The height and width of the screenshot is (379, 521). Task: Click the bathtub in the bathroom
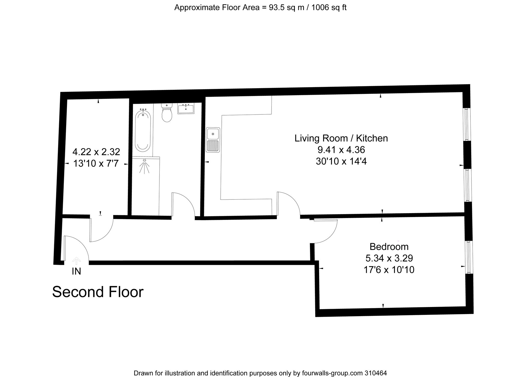coord(142,131)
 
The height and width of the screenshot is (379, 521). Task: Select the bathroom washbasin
coord(186,108)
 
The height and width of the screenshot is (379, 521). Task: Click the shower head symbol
coord(144,166)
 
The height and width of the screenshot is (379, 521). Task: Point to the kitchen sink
coord(213,140)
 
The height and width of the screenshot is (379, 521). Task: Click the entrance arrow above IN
coord(76,261)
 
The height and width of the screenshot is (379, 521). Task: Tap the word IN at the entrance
coord(76,272)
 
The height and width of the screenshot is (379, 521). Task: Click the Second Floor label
coord(98,292)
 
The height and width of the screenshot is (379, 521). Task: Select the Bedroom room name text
coord(389,246)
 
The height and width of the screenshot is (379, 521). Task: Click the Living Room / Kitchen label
coord(341,138)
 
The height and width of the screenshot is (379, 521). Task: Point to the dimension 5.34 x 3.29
coord(389,258)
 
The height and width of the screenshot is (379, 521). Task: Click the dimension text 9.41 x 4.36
coord(341,150)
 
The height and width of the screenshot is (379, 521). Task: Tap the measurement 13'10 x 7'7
coord(96,164)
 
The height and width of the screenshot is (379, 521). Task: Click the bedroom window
coord(469,257)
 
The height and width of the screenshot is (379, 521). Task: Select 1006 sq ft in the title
coord(329,8)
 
